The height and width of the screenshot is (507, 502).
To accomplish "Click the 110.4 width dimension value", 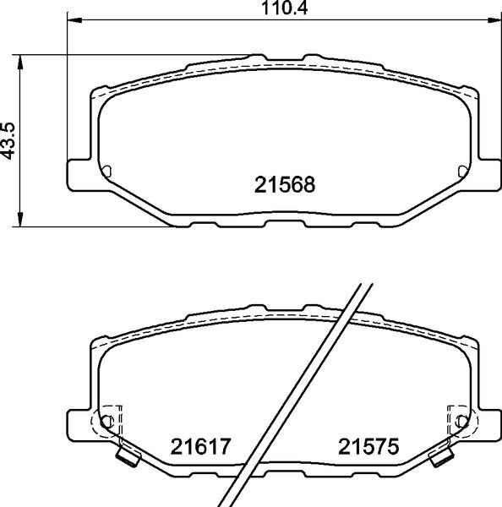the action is click(x=284, y=8).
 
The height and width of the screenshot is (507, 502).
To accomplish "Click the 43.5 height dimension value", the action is click(x=8, y=140).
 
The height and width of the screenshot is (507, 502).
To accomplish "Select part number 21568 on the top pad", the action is click(x=285, y=184).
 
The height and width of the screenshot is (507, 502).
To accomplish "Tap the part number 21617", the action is click(x=200, y=446).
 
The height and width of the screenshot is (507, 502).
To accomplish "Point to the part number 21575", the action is click(x=368, y=446).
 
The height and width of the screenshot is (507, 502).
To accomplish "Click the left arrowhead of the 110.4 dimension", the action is click(x=74, y=20).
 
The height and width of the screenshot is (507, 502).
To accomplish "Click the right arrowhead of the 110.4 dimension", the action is click(x=494, y=20).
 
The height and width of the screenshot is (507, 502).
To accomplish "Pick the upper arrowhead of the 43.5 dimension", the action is click(x=20, y=62).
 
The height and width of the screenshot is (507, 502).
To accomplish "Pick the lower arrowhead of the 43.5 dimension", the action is click(x=20, y=219).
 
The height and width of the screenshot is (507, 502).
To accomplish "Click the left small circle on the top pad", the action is click(x=106, y=172).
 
